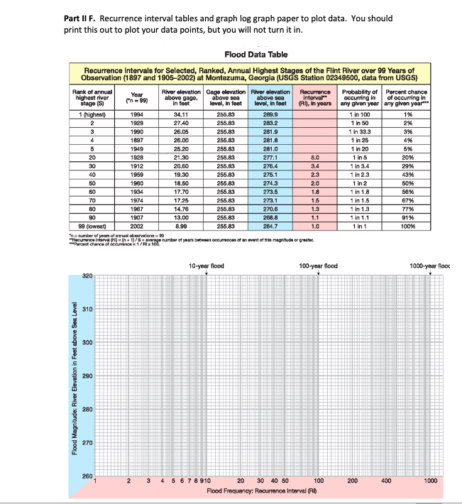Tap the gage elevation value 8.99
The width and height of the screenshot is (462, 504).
pyautogui.click(x=181, y=224)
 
